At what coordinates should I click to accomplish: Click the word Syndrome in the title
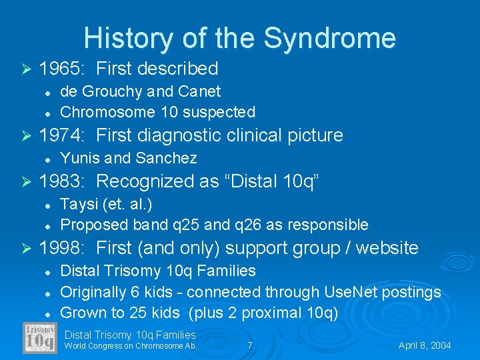pyautogui.click(x=330, y=38)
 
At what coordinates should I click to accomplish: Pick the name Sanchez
pyautogui.click(x=166, y=158)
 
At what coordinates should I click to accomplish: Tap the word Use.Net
pyautogui.click(x=349, y=291)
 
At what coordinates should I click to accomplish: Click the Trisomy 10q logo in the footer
pyautogui.click(x=39, y=338)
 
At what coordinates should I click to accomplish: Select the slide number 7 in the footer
pyautogui.click(x=249, y=346)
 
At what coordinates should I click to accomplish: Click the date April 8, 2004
pyautogui.click(x=425, y=346)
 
